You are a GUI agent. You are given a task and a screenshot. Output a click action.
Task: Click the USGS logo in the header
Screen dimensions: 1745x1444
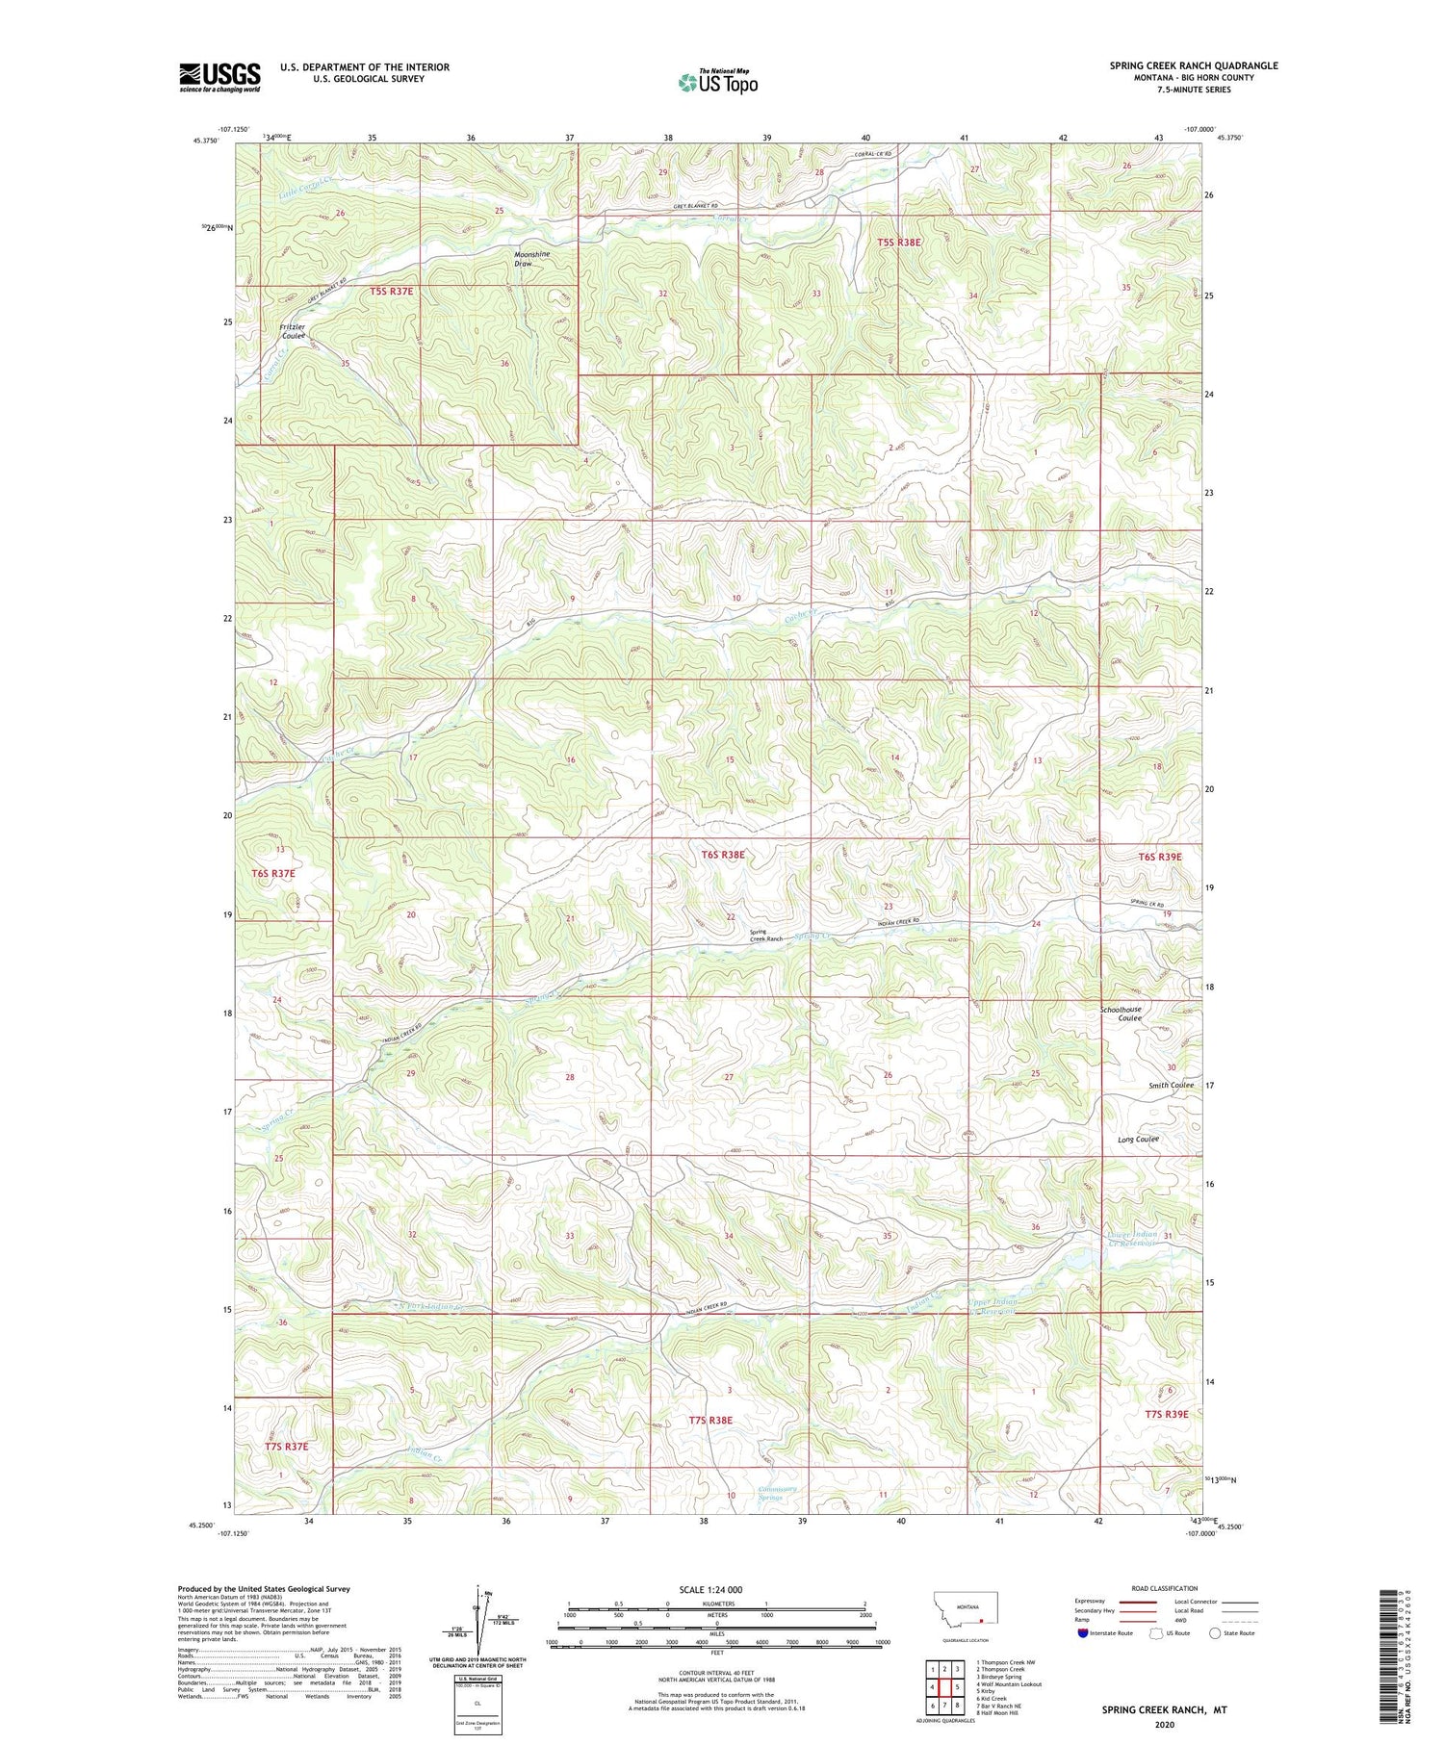pyautogui.click(x=219, y=77)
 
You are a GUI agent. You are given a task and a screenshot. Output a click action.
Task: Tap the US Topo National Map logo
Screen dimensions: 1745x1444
pyautogui.click(x=717, y=82)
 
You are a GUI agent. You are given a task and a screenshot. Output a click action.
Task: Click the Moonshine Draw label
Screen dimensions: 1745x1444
pyautogui.click(x=531, y=258)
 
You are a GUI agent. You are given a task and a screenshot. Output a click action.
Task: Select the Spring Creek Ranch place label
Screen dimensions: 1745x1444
pyautogui.click(x=766, y=935)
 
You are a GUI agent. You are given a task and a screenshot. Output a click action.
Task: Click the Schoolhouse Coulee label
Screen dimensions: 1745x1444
pyautogui.click(x=1121, y=1014)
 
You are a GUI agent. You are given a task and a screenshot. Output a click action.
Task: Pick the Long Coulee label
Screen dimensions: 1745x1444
pyautogui.click(x=1138, y=1139)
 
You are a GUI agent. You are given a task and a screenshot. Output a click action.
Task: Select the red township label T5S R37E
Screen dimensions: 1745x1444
pyautogui.click(x=398, y=290)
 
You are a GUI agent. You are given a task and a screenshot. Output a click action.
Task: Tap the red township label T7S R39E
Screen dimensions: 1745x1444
pyautogui.click(x=1167, y=1414)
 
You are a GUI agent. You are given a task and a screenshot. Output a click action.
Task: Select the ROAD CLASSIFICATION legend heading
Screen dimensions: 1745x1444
pyautogui.click(x=1165, y=1588)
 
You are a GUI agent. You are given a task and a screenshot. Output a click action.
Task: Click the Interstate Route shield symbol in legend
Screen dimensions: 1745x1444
pyautogui.click(x=1083, y=1632)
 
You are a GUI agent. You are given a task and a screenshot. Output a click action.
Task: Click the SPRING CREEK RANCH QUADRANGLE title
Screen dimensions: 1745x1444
pyautogui.click(x=1194, y=65)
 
